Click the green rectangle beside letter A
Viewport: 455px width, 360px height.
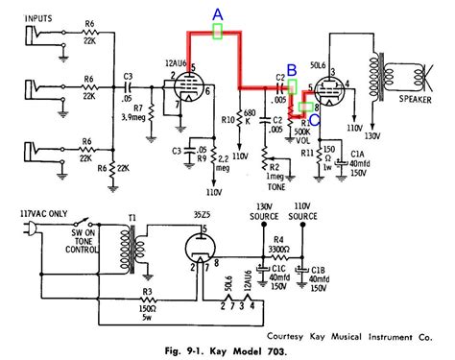click(x=218, y=32)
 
